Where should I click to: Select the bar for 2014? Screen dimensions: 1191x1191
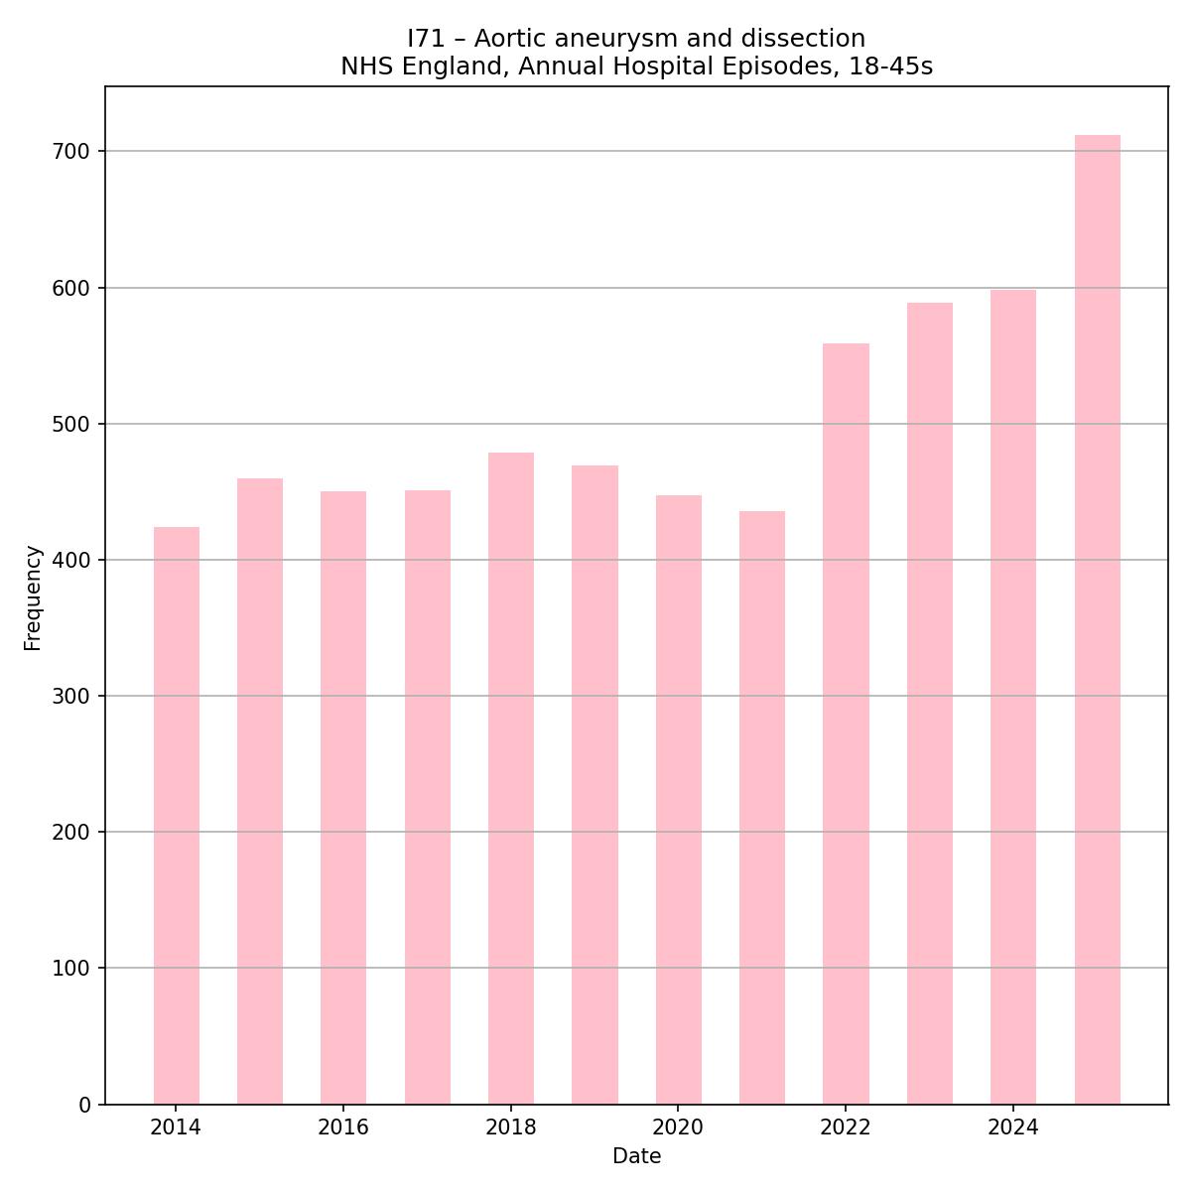(x=177, y=814)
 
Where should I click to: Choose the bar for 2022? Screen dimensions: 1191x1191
(x=846, y=724)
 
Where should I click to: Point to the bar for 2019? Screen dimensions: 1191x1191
(x=595, y=784)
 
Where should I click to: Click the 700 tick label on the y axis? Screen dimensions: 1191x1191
(x=70, y=152)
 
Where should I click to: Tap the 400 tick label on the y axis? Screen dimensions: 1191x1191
(x=70, y=560)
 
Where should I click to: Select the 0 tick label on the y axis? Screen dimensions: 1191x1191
(x=83, y=1105)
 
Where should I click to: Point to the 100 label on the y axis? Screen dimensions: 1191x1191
(x=70, y=969)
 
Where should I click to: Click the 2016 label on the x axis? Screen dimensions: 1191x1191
(x=343, y=1127)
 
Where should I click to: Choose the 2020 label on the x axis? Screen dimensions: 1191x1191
(x=678, y=1127)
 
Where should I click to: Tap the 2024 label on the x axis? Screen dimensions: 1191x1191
(x=1013, y=1127)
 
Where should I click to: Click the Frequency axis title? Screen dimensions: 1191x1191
(x=34, y=597)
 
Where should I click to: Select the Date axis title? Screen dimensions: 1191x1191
(x=636, y=1156)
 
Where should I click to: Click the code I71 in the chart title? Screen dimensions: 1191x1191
(x=428, y=39)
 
